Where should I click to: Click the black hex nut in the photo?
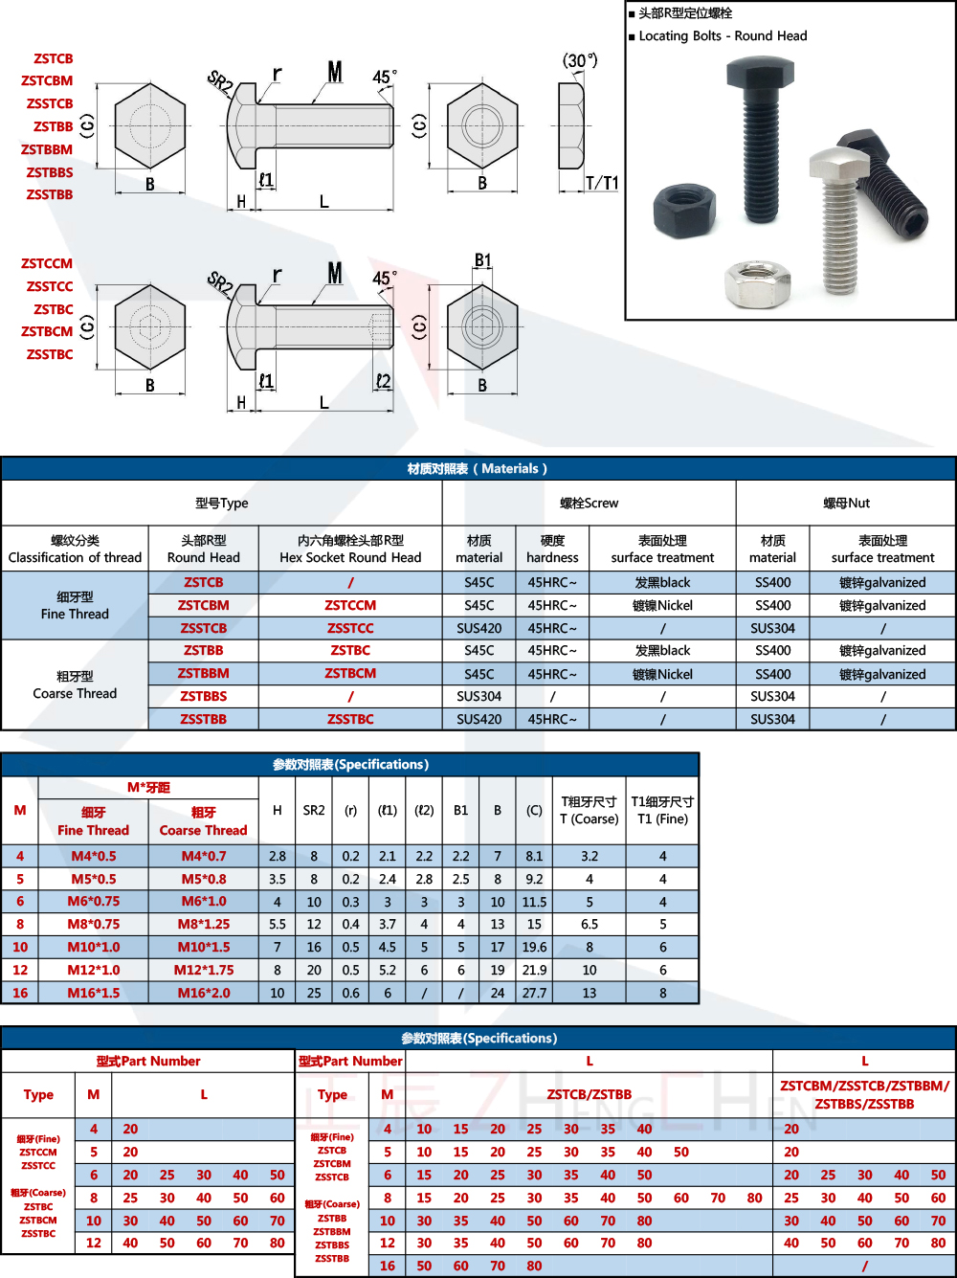(x=682, y=208)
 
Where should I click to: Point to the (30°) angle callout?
(x=580, y=60)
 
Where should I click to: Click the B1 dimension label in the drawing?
(x=482, y=260)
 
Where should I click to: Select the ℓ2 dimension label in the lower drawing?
(x=383, y=381)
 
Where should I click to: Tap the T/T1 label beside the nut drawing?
(x=602, y=182)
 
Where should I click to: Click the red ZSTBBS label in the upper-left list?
(x=50, y=172)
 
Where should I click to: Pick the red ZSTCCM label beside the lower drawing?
(x=47, y=263)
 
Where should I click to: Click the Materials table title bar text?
(x=478, y=468)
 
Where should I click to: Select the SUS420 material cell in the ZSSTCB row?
(x=478, y=628)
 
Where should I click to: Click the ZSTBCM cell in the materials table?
(x=350, y=673)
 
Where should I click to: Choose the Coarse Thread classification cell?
(x=75, y=684)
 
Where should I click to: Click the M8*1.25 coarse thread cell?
(x=204, y=924)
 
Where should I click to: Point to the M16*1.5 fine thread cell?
(x=94, y=993)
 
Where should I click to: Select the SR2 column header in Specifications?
(x=314, y=810)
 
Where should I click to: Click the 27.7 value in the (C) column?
(x=534, y=993)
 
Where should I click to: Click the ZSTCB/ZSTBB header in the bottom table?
(x=590, y=1094)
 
